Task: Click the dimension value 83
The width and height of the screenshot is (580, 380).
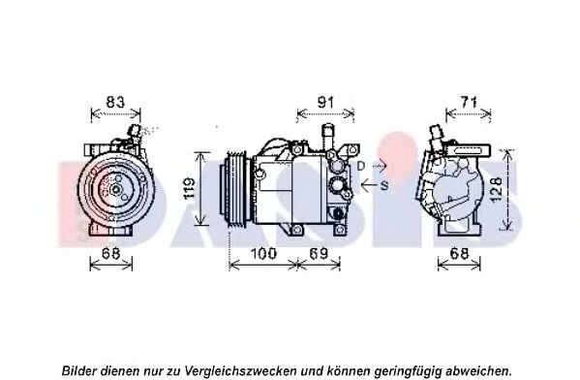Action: [x=115, y=102]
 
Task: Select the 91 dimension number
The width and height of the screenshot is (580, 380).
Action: [x=325, y=102]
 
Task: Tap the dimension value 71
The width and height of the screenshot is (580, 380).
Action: [x=469, y=102]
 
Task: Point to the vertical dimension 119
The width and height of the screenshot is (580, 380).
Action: [x=190, y=188]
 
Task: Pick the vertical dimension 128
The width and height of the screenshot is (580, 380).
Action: [x=496, y=189]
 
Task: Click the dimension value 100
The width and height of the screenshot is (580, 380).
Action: [x=263, y=254]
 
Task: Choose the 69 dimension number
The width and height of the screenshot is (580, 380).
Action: [x=319, y=254]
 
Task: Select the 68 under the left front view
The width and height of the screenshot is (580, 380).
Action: [x=111, y=254]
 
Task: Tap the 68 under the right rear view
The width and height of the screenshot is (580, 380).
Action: [x=459, y=254]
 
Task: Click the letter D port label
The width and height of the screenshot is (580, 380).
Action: [x=361, y=167]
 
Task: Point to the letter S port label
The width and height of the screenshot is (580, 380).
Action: [x=384, y=185]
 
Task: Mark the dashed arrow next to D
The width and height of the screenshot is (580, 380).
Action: [x=377, y=166]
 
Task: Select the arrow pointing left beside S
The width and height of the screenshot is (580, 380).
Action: [x=369, y=185]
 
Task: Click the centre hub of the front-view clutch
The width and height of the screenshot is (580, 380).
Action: [x=116, y=190]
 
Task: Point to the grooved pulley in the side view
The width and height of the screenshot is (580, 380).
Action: [x=236, y=188]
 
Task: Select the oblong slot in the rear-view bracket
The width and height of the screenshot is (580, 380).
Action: [x=468, y=150]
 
